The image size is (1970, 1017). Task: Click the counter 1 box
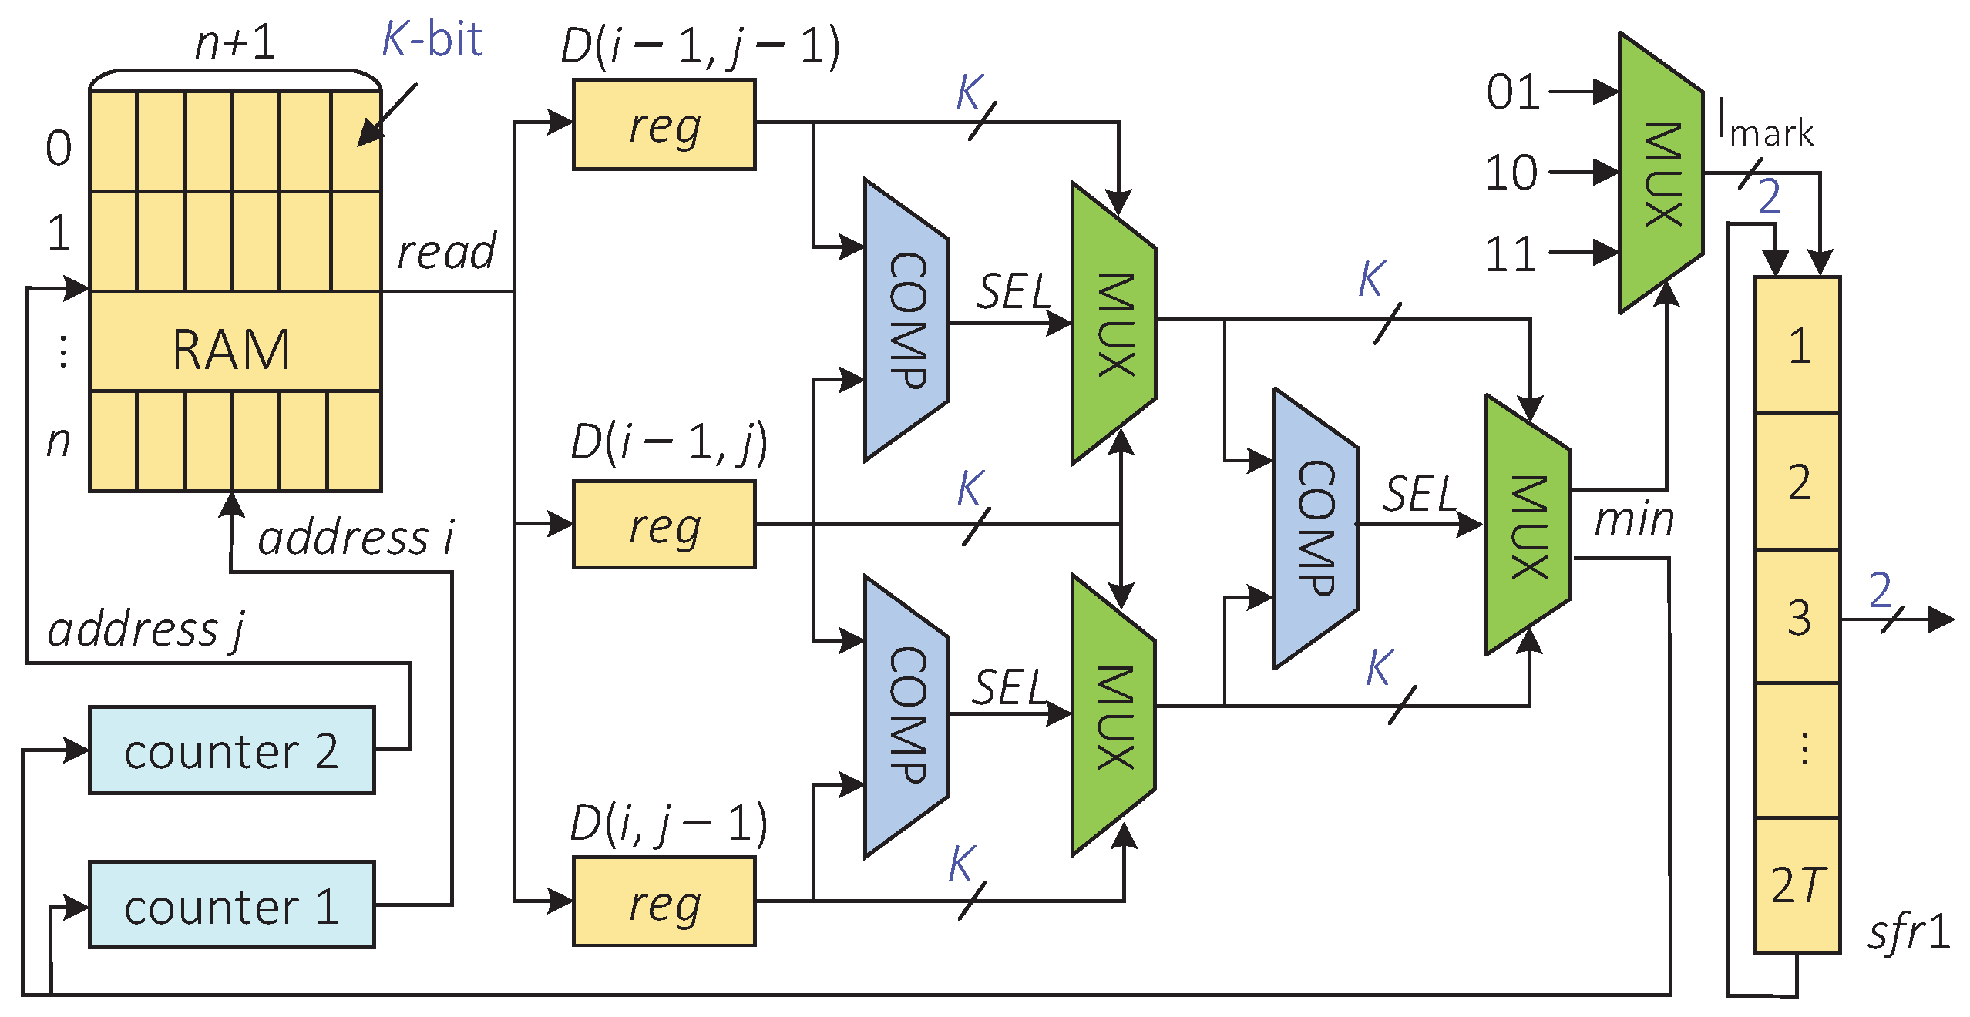[231, 905]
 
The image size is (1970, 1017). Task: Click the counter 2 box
[231, 750]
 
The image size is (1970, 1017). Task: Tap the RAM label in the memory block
[231, 350]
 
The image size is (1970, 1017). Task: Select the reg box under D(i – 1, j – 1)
[664, 125]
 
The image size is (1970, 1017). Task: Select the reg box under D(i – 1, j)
[664, 525]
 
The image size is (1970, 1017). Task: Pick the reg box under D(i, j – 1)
[664, 902]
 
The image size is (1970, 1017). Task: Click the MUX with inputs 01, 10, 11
[1661, 174]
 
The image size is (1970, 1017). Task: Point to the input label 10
[1511, 173]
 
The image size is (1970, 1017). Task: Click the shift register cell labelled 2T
[1797, 885]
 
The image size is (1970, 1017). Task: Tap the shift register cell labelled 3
[1797, 617]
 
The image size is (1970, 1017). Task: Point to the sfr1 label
[1908, 932]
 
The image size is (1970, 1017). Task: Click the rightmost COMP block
[1315, 529]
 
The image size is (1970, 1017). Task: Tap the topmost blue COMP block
[906, 321]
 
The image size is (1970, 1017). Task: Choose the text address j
[145, 629]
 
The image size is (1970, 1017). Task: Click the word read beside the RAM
[446, 252]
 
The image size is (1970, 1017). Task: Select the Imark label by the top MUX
[1765, 125]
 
